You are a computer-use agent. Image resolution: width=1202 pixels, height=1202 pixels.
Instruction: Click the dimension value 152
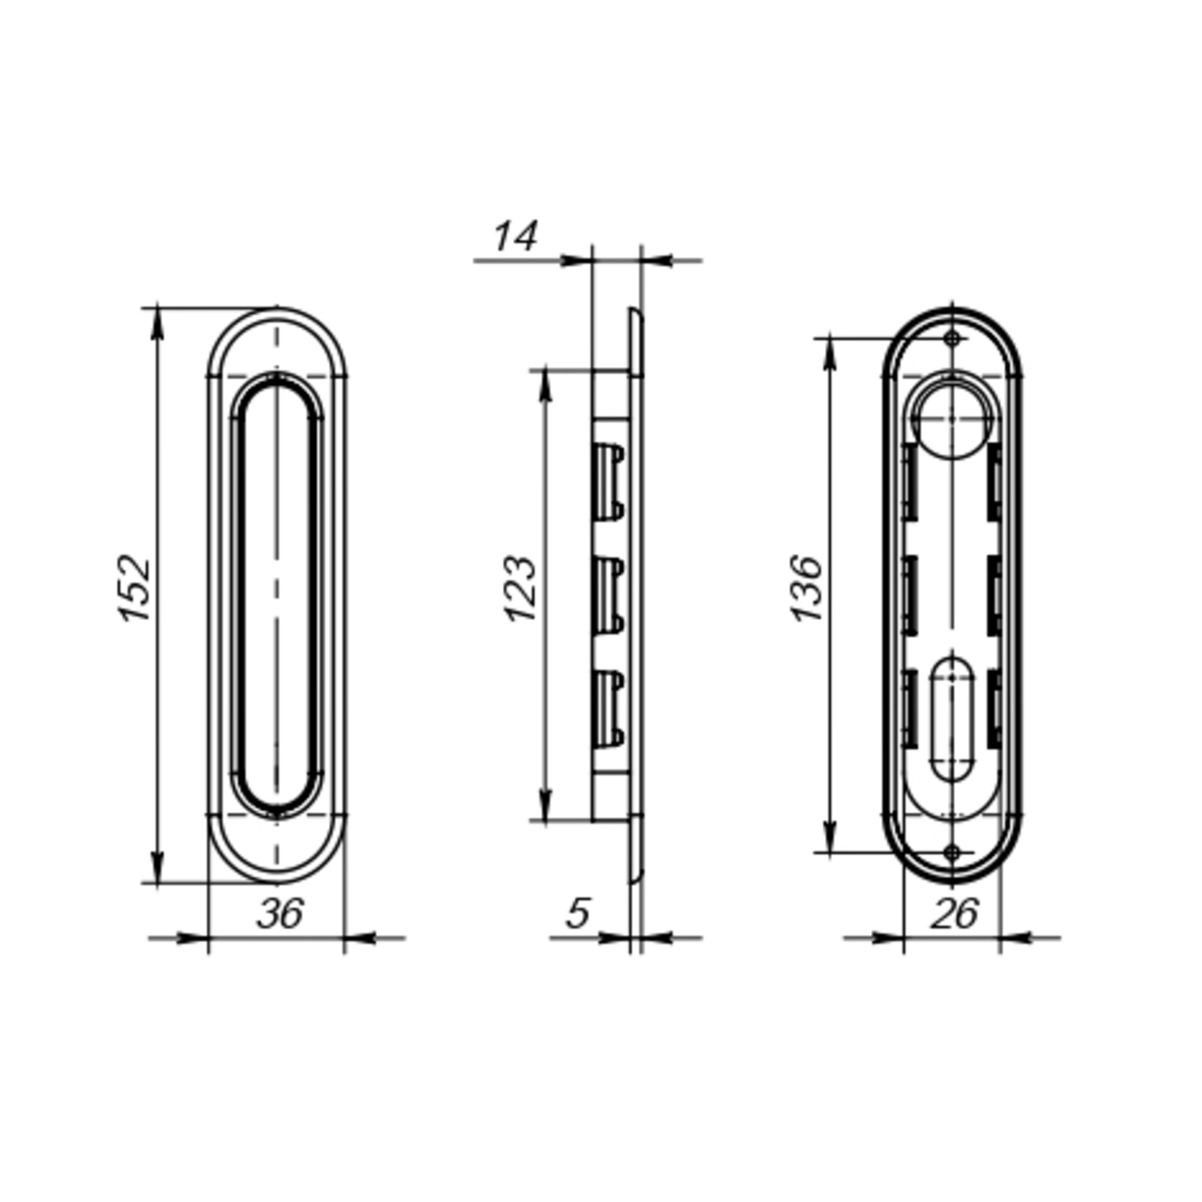[135, 588]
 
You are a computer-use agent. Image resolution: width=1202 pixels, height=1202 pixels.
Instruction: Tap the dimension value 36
[280, 914]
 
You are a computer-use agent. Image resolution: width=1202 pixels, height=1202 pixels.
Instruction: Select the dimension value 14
[515, 237]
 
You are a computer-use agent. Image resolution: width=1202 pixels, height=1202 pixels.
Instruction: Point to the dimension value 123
[520, 588]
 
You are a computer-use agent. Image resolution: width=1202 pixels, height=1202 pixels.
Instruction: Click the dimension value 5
[578, 914]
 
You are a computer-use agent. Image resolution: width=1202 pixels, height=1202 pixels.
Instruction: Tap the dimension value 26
[954, 914]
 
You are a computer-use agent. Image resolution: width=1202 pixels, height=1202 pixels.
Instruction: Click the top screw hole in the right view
[953, 339]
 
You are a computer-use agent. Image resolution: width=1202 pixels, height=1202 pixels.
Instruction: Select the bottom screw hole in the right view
[953, 853]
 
